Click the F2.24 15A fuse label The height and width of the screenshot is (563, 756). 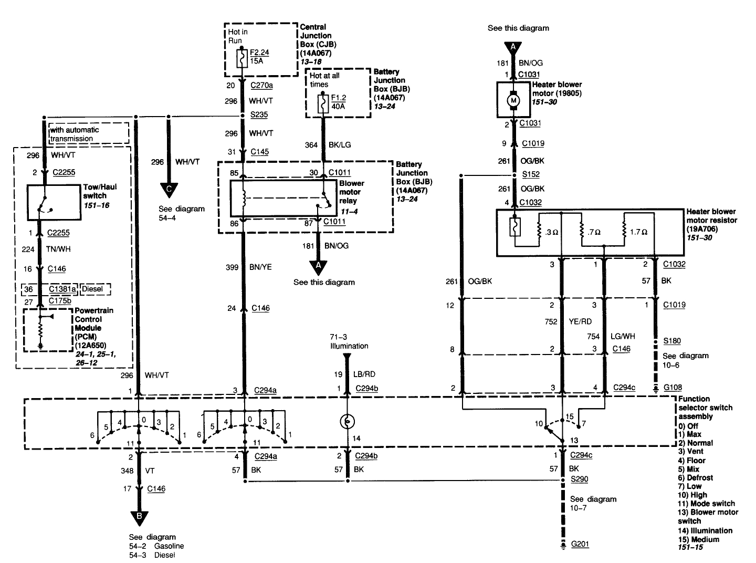259,57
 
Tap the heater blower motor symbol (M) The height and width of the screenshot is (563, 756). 514,100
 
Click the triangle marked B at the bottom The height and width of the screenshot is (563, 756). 139,517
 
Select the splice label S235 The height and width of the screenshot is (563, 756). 259,116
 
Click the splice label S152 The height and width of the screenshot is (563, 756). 531,174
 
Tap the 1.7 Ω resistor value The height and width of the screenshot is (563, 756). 638,231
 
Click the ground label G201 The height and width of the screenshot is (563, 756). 580,544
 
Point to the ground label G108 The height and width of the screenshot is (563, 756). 673,388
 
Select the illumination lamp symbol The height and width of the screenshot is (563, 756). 346,421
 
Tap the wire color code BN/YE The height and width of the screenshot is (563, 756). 260,268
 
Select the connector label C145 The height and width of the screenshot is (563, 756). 259,152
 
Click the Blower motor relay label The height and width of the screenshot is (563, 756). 351,192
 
